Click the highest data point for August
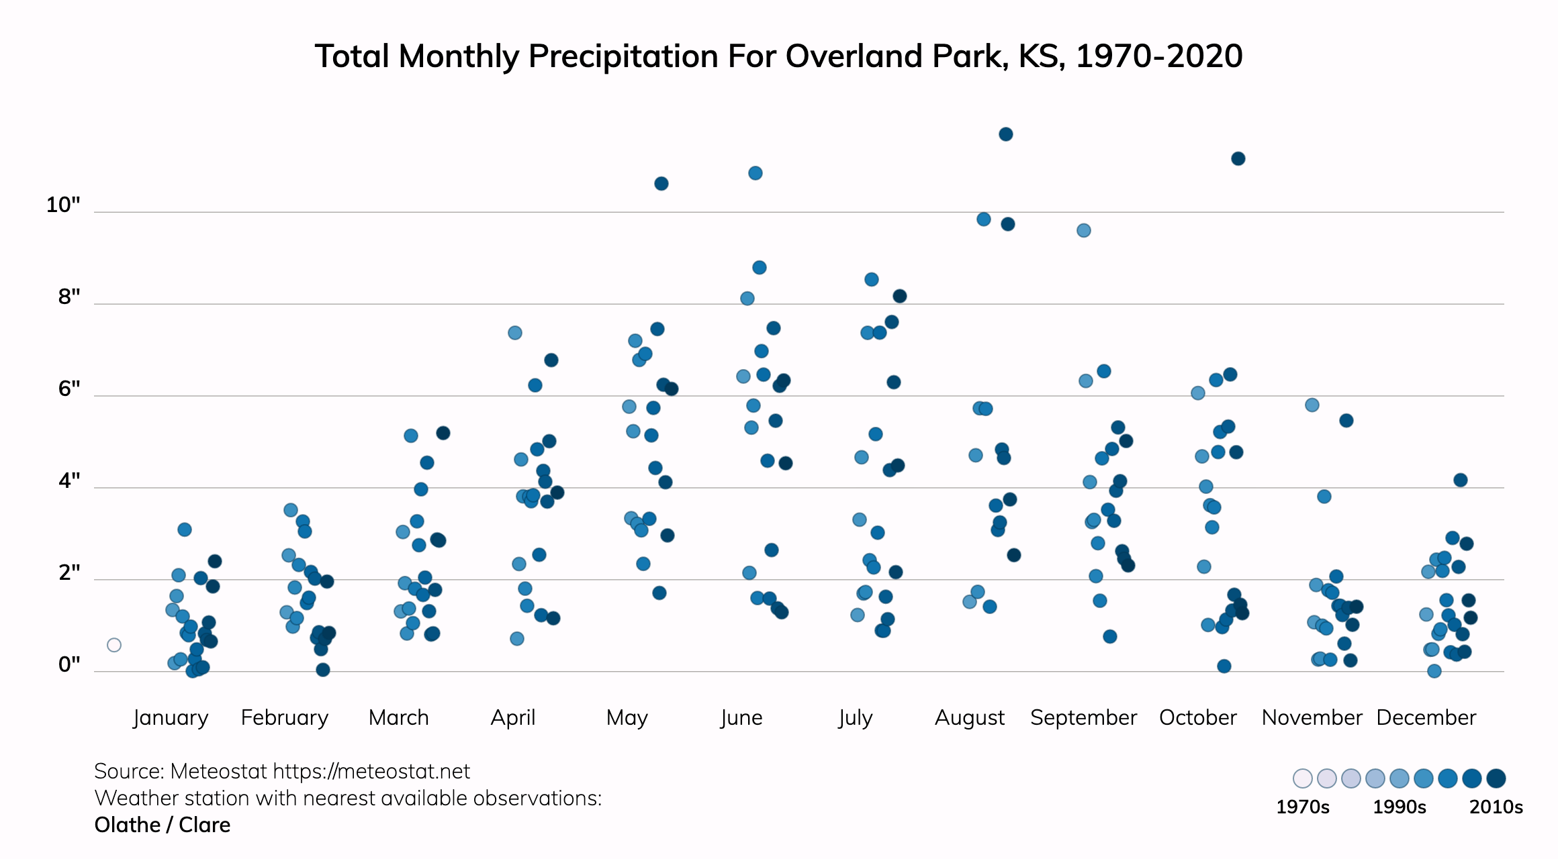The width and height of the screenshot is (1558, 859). click(1005, 134)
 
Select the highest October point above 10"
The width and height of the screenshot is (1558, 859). click(1238, 158)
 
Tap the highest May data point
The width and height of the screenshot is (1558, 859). click(661, 183)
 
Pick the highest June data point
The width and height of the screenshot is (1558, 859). click(755, 173)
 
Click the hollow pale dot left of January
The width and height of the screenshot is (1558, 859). click(114, 645)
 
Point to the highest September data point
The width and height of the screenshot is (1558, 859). click(1083, 230)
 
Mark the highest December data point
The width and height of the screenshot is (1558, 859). click(1460, 480)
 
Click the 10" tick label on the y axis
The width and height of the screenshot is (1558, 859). click(63, 205)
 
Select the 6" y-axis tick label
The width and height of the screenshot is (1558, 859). click(69, 389)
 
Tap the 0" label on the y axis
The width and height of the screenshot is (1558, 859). click(69, 664)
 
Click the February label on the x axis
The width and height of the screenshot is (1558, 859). click(285, 717)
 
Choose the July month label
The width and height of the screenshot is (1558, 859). click(856, 717)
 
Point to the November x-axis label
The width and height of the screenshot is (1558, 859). click(1312, 717)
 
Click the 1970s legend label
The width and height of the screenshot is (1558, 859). click(1302, 807)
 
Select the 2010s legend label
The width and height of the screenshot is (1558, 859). click(1496, 807)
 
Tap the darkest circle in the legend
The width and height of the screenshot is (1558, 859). click(1496, 778)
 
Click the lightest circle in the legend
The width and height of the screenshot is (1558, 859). click(1302, 778)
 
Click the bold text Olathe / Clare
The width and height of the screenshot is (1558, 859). click(163, 825)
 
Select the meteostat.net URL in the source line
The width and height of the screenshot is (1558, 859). click(371, 771)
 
